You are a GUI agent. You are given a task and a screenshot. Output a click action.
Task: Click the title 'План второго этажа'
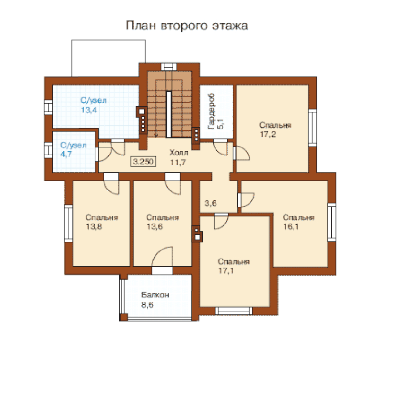[x=187, y=26]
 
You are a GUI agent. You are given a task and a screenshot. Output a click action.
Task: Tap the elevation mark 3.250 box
[x=143, y=162]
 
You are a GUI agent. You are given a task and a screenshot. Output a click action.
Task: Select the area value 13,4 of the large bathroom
[x=89, y=110]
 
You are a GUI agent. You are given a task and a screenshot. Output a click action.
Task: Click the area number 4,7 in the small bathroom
[x=66, y=154]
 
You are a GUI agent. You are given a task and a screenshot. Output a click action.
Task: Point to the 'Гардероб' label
[x=211, y=112]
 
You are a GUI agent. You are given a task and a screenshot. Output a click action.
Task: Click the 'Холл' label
[x=179, y=153]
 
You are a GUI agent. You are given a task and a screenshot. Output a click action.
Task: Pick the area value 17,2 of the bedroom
[x=268, y=134]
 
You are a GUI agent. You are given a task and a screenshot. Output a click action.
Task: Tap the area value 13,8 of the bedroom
[x=94, y=226]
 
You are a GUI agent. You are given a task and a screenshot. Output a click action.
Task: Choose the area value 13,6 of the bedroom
[x=155, y=226]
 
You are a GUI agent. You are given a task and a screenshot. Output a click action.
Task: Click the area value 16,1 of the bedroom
[x=291, y=226]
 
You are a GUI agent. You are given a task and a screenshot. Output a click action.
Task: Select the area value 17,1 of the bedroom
[x=226, y=271]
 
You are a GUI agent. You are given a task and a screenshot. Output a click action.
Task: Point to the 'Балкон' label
[x=155, y=295]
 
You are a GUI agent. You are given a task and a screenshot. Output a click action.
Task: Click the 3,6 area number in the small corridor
[x=211, y=203]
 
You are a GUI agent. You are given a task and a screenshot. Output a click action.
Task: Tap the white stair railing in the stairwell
[x=169, y=114]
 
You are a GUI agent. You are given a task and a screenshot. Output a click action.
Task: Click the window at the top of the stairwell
[x=169, y=67]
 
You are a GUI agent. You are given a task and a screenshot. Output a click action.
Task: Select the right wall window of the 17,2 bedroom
[x=312, y=128]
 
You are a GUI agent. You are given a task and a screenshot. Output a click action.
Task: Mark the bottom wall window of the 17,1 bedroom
[x=233, y=311]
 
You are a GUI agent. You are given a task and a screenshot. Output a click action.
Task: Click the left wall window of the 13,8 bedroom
[x=69, y=223]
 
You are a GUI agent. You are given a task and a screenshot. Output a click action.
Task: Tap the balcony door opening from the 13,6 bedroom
[x=162, y=270]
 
